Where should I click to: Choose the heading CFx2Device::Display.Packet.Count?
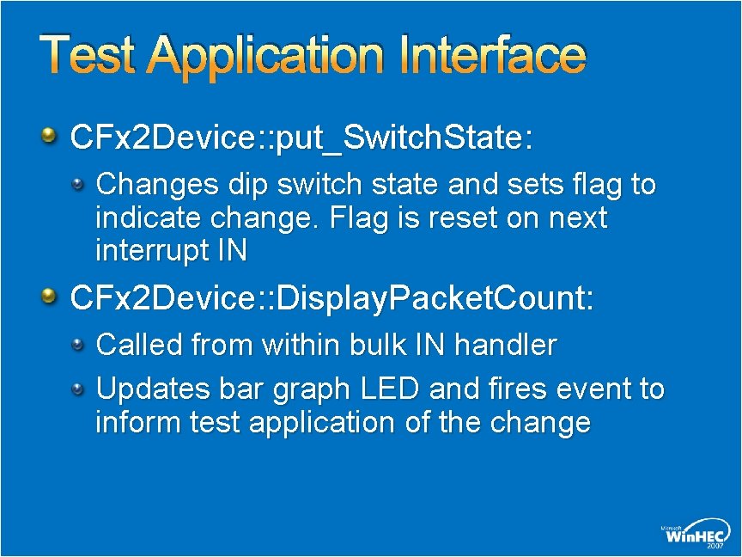pos(331,298)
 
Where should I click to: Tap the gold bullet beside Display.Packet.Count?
pos(51,297)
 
